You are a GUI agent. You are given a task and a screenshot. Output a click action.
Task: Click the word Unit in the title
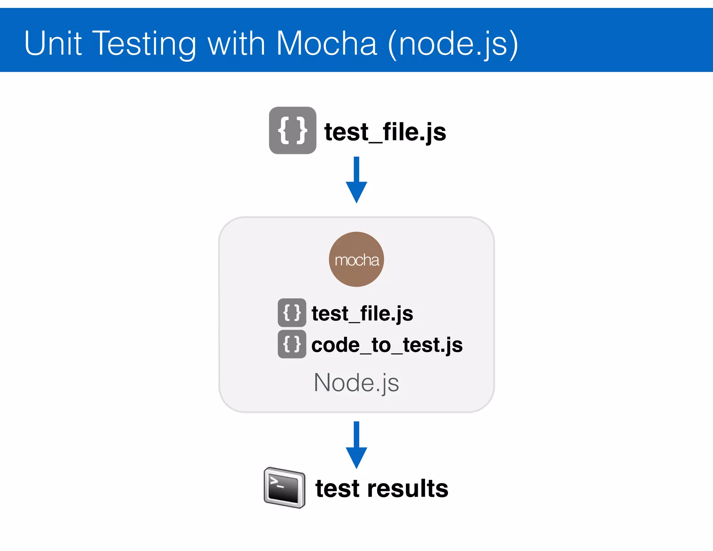pos(53,43)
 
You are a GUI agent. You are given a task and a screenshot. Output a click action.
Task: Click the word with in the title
pos(236,43)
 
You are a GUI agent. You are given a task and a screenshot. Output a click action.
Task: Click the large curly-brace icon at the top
pos(292,131)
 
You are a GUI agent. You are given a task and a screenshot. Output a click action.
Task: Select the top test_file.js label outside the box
pos(385,132)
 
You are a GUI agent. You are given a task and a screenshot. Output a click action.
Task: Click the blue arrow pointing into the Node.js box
pos(356,179)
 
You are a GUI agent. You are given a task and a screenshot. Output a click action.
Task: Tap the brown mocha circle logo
pos(356,259)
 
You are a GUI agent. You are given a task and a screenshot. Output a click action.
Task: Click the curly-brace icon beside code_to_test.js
pos(292,344)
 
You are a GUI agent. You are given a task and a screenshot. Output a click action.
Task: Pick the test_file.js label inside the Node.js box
pos(362,313)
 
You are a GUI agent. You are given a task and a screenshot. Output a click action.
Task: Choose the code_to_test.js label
pos(387,345)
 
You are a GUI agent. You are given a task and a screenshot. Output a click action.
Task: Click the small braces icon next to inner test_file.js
pos(292,312)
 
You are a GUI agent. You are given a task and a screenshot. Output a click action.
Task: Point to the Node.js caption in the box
pos(356,383)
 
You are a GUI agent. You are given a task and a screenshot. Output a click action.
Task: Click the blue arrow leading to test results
pos(356,445)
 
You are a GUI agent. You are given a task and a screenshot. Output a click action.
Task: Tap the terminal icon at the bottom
pos(284,488)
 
